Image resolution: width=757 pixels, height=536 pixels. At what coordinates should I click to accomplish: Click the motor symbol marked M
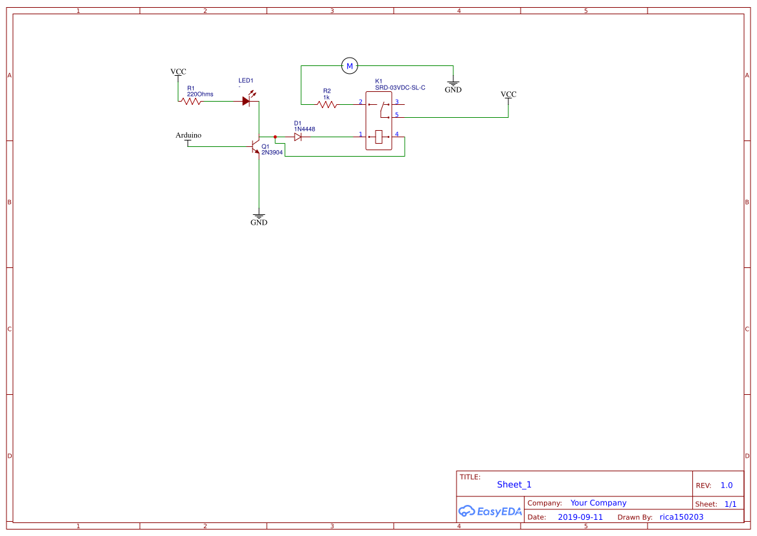(x=349, y=65)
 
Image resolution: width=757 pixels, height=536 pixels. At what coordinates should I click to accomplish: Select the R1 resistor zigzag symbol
(x=192, y=101)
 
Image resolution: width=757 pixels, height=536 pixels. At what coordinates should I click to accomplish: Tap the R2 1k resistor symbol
(x=328, y=104)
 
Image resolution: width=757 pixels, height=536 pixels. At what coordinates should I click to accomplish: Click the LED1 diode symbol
(x=247, y=100)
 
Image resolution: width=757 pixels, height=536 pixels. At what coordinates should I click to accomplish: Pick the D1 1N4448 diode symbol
(x=298, y=137)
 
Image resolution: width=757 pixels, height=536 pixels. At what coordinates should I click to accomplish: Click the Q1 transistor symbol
(x=256, y=147)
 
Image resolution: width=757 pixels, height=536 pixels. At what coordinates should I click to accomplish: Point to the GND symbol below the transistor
(x=259, y=218)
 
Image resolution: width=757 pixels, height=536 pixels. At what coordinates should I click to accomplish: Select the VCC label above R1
(x=178, y=72)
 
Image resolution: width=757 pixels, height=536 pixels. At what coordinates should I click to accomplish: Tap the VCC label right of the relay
(x=509, y=95)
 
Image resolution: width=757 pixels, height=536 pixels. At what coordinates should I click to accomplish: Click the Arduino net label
(x=188, y=135)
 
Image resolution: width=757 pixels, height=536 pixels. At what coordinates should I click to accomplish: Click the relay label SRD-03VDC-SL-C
(x=400, y=87)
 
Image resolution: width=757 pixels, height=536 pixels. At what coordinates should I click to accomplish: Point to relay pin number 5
(x=396, y=115)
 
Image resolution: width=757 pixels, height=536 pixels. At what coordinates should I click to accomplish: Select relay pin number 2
(x=360, y=102)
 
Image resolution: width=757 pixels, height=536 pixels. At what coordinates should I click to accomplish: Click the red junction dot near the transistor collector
(x=275, y=137)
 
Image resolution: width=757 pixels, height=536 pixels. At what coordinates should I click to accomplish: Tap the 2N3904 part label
(x=272, y=152)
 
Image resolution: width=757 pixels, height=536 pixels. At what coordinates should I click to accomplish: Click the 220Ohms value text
(x=199, y=94)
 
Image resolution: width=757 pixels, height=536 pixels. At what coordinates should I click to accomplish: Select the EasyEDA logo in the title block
(x=490, y=511)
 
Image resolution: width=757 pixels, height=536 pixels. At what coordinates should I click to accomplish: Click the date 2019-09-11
(x=580, y=517)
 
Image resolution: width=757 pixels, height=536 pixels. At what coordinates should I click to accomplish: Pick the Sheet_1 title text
(x=514, y=484)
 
